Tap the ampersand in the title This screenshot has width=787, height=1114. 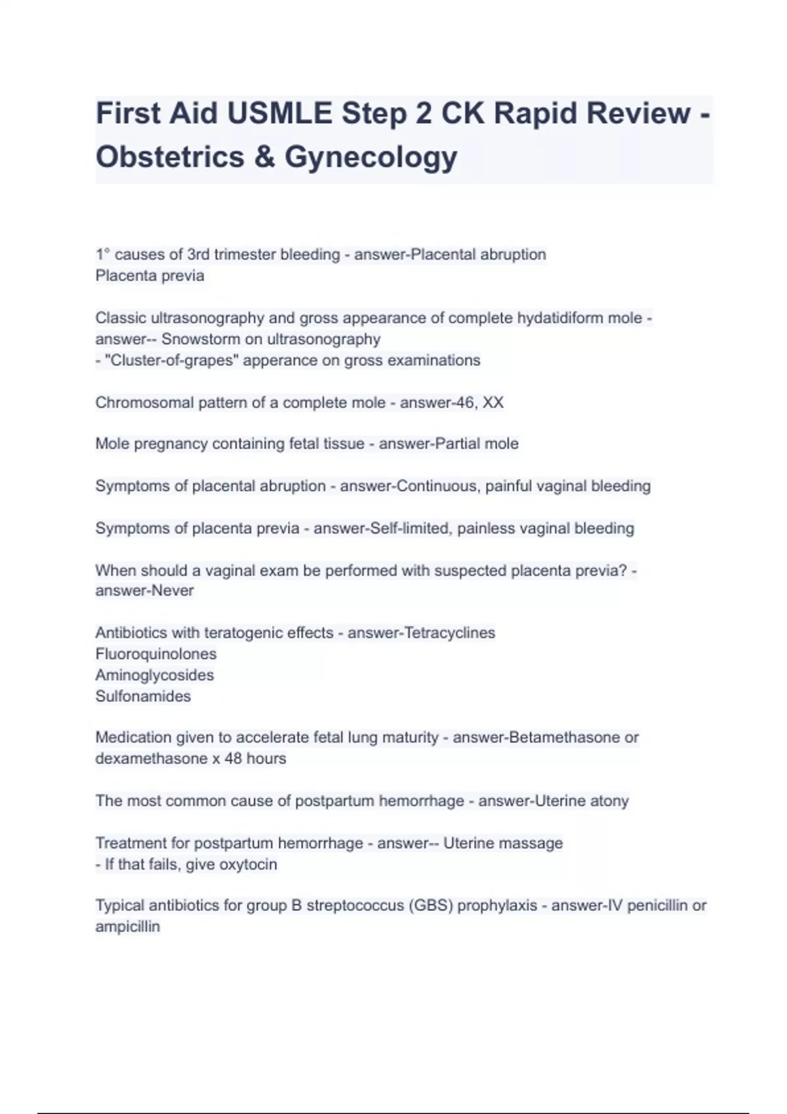(264, 157)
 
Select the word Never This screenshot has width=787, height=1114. (172, 590)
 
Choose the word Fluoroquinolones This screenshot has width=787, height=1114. (155, 654)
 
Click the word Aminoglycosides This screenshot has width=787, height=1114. (154, 675)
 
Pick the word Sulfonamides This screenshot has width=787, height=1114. (143, 696)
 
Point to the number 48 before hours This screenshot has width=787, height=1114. (233, 759)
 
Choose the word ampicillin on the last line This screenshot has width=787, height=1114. (127, 927)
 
